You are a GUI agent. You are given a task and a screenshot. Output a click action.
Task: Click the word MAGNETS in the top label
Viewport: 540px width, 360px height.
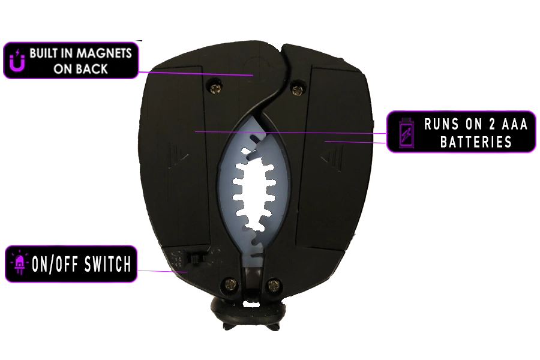pyautogui.click(x=104, y=53)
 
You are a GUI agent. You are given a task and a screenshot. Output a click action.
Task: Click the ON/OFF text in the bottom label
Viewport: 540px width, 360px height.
pyautogui.click(x=56, y=264)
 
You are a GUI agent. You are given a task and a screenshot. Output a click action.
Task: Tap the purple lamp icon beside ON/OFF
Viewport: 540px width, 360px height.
pyautogui.click(x=19, y=263)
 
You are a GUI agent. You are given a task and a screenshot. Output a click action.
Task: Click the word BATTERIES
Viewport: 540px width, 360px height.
pyautogui.click(x=476, y=142)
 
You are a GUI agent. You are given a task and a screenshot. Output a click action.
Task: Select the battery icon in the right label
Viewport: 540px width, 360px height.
pyautogui.click(x=406, y=133)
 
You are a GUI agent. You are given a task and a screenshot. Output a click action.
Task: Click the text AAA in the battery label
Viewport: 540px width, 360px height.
pyautogui.click(x=515, y=124)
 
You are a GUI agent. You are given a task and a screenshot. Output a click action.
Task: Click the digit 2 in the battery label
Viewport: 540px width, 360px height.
pyautogui.click(x=491, y=124)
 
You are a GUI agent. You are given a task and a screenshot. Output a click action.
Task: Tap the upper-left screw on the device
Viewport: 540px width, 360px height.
pyautogui.click(x=215, y=88)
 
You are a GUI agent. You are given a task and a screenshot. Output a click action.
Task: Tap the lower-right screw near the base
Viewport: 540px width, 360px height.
pyautogui.click(x=274, y=284)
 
